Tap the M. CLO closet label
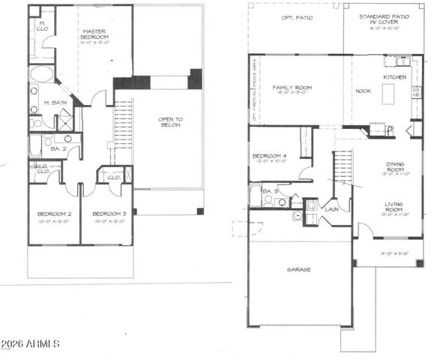43,28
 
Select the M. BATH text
55,102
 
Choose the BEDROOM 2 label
54,218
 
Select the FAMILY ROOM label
292,91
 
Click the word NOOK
363,90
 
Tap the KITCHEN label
394,76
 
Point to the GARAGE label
298,269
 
